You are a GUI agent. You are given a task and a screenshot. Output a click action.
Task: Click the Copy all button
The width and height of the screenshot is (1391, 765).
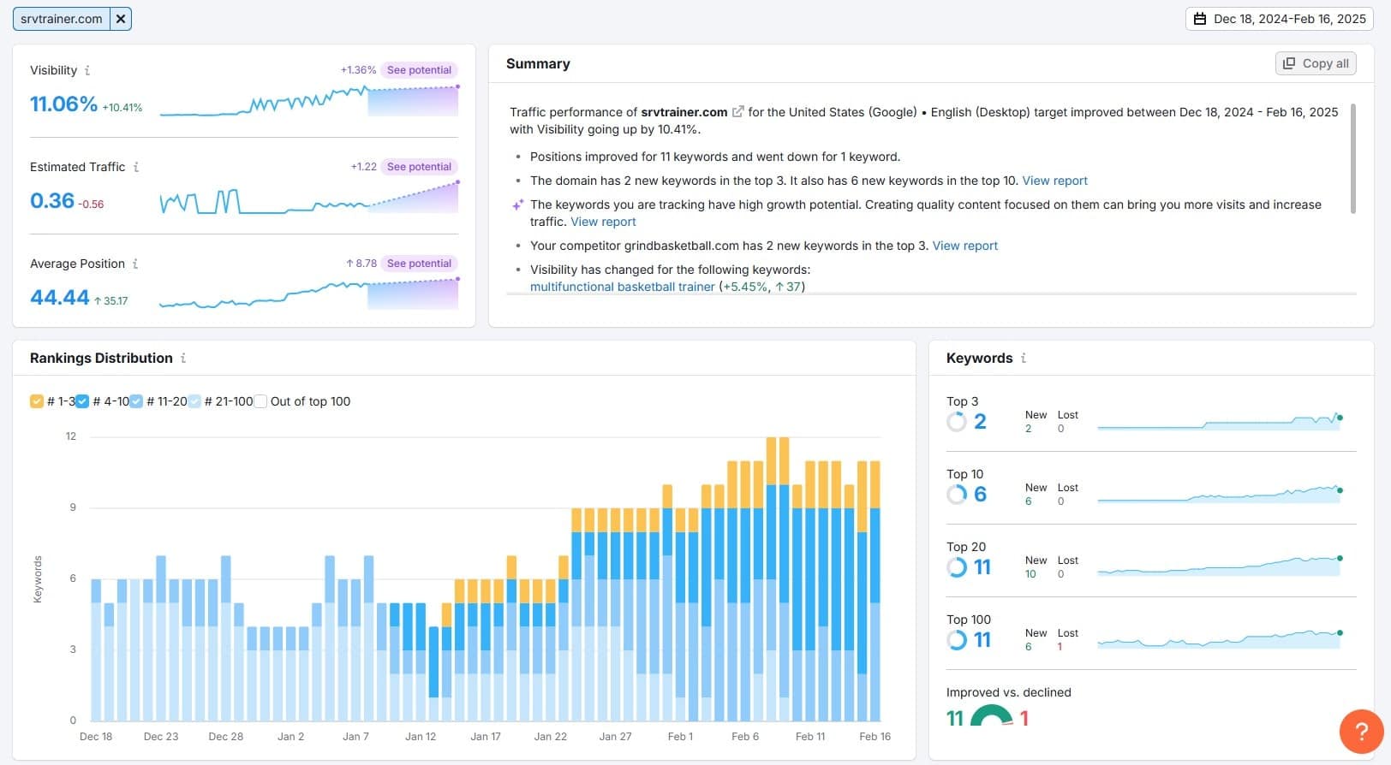pos(1316,63)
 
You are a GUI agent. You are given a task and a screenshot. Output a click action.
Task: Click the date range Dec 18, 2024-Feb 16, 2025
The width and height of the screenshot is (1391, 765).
pos(1280,19)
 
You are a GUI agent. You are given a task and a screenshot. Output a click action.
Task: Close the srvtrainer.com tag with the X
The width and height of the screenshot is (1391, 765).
pos(121,18)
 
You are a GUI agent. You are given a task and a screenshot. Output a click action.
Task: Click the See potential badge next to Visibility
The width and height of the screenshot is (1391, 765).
pos(419,70)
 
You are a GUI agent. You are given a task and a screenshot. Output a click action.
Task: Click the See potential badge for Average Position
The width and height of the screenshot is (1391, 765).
pos(419,264)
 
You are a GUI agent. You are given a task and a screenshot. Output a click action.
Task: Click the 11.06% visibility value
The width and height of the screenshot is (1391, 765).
pos(63,104)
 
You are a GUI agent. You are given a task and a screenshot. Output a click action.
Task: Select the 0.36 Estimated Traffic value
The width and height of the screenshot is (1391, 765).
pos(52,201)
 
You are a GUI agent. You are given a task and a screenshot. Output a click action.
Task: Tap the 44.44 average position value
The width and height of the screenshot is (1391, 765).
pos(59,298)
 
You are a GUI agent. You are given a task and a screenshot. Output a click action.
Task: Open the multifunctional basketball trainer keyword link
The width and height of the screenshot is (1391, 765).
pos(622,287)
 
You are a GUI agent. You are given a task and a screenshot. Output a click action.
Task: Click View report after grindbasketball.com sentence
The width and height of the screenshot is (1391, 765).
pos(964,246)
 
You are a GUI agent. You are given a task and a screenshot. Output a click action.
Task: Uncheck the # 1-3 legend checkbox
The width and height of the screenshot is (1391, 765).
pos(37,401)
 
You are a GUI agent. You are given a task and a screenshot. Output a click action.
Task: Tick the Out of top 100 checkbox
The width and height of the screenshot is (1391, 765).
pos(261,401)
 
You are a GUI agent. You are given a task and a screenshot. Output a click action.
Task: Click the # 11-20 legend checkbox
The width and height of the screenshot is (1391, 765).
pos(136,401)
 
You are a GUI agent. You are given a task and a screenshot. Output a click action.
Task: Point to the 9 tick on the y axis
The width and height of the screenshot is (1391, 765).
pos(73,507)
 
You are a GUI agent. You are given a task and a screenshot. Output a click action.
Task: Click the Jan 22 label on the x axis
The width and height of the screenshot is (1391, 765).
pos(550,736)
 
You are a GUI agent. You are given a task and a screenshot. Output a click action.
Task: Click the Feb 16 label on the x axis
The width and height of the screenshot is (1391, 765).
pos(875,736)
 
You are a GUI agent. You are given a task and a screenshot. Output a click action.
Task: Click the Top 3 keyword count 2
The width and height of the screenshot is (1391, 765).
pos(980,421)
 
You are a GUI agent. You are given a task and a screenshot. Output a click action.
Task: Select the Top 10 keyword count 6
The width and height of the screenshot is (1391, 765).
pos(980,494)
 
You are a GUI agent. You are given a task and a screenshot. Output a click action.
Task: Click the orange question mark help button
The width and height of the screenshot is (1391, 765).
pos(1360,732)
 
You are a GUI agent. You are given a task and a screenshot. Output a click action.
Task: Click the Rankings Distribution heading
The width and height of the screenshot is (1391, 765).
pos(101,358)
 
